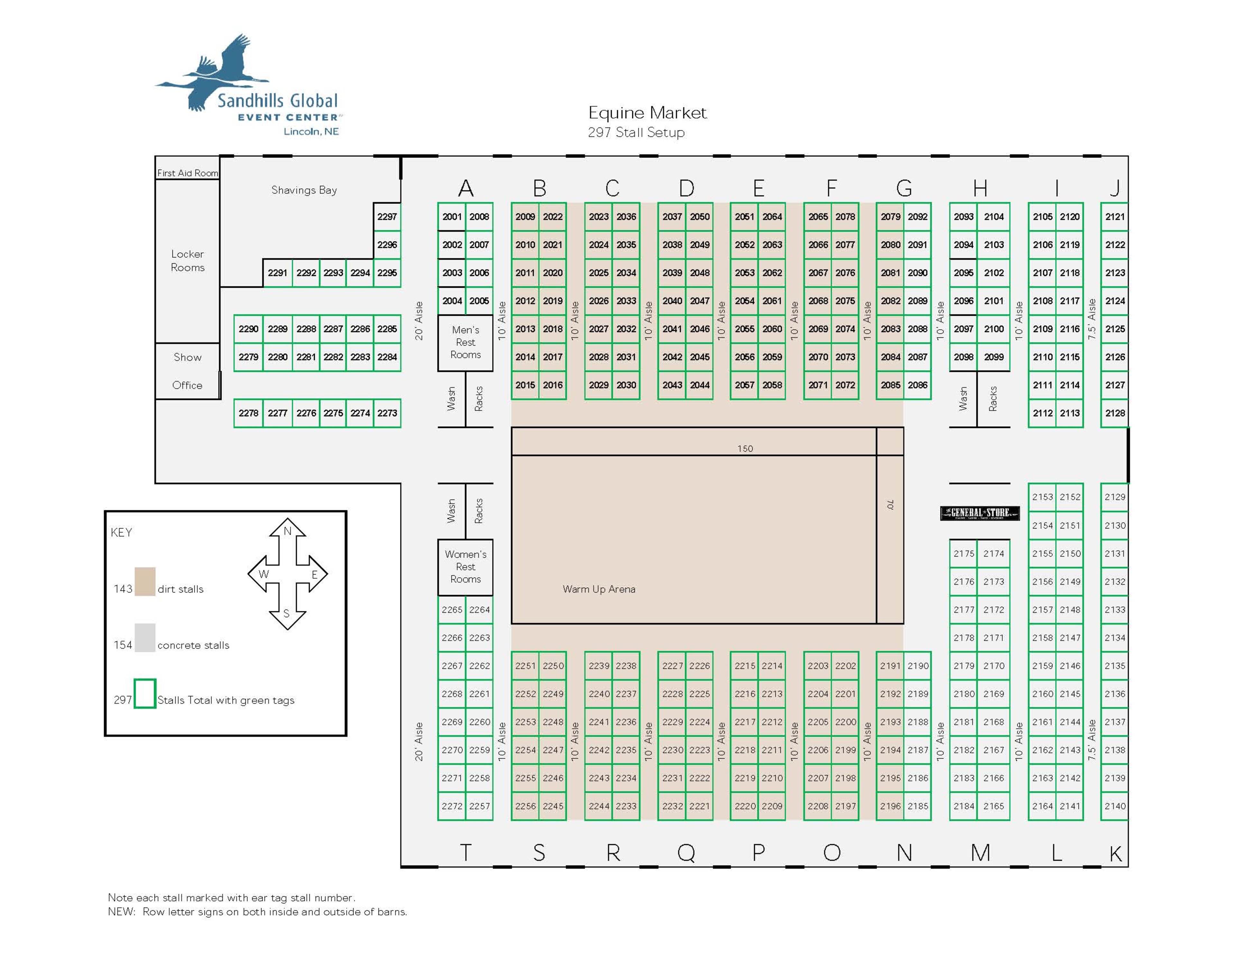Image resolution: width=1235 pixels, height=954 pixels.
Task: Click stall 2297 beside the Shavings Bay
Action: click(387, 217)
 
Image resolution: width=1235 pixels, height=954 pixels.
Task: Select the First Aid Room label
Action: click(187, 173)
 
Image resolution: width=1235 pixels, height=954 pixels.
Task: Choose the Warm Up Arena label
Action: click(599, 589)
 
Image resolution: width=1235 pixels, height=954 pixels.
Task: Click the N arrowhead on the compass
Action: click(287, 530)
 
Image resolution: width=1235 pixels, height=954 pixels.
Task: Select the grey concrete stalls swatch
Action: click(145, 638)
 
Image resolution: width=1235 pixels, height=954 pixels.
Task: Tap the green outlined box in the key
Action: click(145, 693)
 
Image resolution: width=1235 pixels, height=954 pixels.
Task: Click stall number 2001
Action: click(452, 217)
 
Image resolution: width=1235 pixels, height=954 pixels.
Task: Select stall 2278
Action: click(248, 413)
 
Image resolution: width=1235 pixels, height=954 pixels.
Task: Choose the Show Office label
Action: click(187, 371)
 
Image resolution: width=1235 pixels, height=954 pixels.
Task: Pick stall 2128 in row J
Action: click(1114, 413)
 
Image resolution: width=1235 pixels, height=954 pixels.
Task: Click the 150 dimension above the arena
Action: click(745, 449)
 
